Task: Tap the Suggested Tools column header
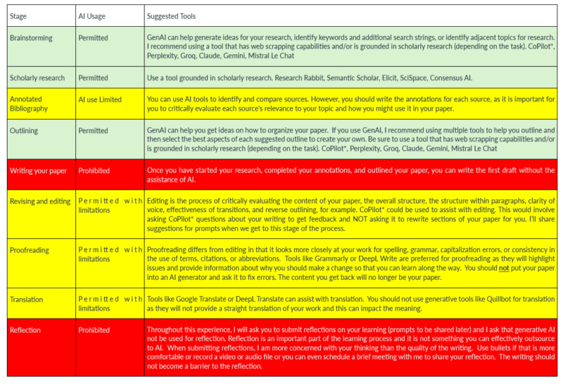(x=171, y=16)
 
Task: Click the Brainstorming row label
(x=32, y=37)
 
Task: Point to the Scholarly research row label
(x=37, y=78)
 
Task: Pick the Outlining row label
(x=25, y=131)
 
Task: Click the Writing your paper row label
(x=38, y=171)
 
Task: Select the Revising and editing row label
(x=40, y=201)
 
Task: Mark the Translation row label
(x=27, y=299)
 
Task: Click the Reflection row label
(x=25, y=330)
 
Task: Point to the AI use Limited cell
(x=100, y=100)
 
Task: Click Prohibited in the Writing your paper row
(x=94, y=171)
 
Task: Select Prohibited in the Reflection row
(x=94, y=330)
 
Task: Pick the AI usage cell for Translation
(x=110, y=304)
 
